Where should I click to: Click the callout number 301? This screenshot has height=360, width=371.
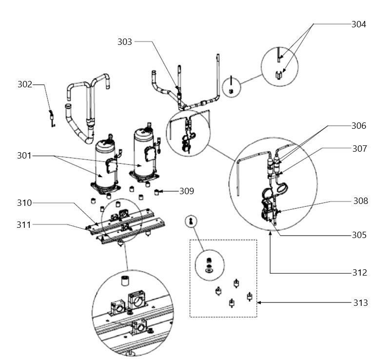24,156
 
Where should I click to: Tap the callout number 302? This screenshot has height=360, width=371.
25,84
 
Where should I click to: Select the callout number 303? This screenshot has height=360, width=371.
125,42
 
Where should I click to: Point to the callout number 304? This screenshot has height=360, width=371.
359,24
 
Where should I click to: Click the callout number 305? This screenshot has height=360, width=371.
359,235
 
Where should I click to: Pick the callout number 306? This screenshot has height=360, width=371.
359,126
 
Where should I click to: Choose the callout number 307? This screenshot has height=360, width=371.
360,149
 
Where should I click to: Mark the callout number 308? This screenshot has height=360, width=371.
361,201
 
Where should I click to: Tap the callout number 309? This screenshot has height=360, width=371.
187,191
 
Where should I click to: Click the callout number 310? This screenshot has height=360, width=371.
24,203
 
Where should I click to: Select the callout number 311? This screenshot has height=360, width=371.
24,224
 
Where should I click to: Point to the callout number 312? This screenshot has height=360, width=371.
360,273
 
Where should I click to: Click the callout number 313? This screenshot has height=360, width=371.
361,303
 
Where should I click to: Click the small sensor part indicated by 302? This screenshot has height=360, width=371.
52,118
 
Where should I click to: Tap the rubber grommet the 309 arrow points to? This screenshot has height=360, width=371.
156,192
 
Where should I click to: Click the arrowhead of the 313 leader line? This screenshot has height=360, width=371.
259,302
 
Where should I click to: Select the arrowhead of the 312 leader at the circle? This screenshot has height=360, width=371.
270,233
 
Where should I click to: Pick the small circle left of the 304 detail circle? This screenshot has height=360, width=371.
232,87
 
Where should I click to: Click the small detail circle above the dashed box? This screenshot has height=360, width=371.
191,221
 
